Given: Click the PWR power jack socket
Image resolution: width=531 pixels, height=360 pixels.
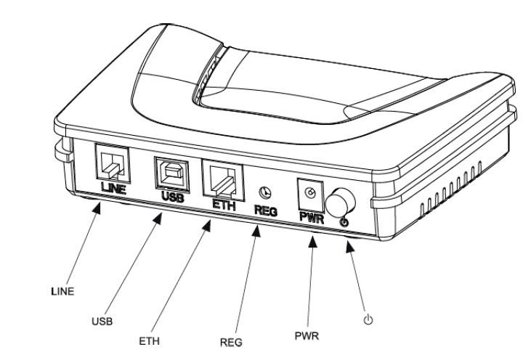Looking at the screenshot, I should pyautogui.click(x=310, y=194).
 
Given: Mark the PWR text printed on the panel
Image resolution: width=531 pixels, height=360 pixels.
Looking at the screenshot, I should pyautogui.click(x=310, y=216).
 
